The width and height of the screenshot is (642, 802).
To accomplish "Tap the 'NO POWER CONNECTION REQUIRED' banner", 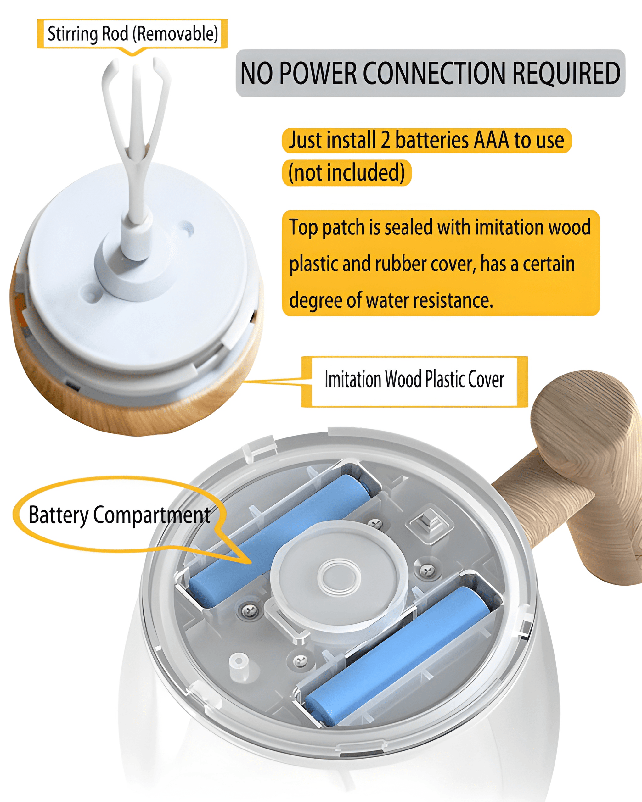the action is [430, 73].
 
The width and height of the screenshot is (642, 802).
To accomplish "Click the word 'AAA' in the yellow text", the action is [491, 140].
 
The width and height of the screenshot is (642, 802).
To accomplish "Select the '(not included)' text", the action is [346, 173].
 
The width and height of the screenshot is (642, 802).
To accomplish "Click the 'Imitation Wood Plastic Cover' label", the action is [414, 379].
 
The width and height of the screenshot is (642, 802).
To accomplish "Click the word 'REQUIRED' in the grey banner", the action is [566, 73].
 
